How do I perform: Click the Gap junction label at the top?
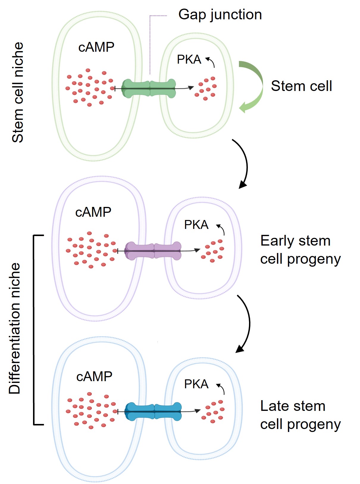pyautogui.click(x=220, y=15)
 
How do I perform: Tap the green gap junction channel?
pyautogui.click(x=149, y=88)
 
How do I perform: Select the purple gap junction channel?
pyautogui.click(x=153, y=251)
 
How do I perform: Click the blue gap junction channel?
pyautogui.click(x=153, y=411)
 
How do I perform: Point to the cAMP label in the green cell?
pyautogui.click(x=96, y=47)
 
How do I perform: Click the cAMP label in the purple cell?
pyautogui.click(x=93, y=212)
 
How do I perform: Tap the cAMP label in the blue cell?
pyautogui.click(x=94, y=377)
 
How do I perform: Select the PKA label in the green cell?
pyautogui.click(x=189, y=59)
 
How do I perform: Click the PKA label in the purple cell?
pyautogui.click(x=196, y=225)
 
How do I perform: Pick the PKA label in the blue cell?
pyautogui.click(x=196, y=384)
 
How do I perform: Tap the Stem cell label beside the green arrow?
pyautogui.click(x=301, y=86)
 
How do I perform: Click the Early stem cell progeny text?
pyautogui.click(x=300, y=250)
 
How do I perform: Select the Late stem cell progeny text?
pyautogui.click(x=300, y=415)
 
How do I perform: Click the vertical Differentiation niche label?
pyautogui.click(x=15, y=329)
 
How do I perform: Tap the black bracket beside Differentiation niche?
pyautogui.click(x=34, y=330)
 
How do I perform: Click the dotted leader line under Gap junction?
pyautogui.click(x=150, y=45)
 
